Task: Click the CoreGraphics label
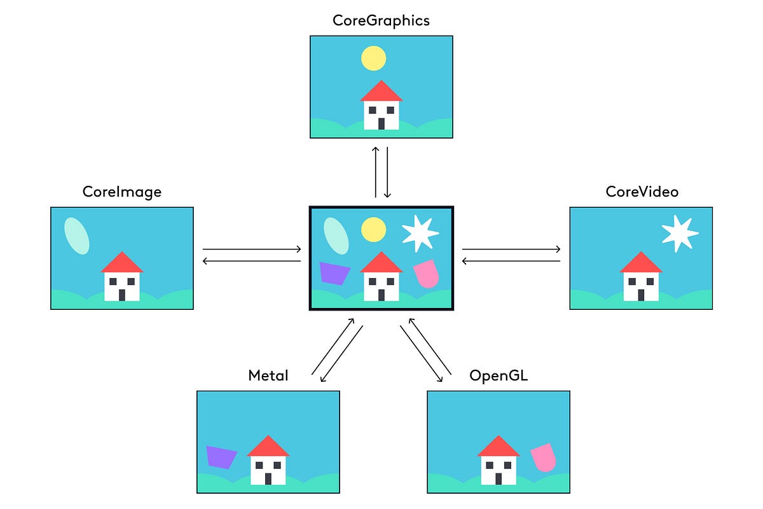[381, 20]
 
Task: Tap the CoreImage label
[121, 192]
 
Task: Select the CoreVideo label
[642, 192]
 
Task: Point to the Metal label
[268, 375]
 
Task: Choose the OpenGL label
[498, 375]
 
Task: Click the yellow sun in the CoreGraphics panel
[374, 58]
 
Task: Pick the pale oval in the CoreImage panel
[77, 235]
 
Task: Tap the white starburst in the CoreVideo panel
[680, 233]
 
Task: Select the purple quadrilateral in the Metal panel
[221, 457]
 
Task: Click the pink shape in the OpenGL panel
[544, 457]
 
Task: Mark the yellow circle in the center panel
[374, 229]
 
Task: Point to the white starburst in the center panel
[420, 233]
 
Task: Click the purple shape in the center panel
[334, 273]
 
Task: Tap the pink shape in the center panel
[426, 273]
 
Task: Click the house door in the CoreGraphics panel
[381, 123]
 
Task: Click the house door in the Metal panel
[268, 478]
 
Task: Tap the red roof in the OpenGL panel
[498, 448]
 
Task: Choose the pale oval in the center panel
[336, 235]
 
